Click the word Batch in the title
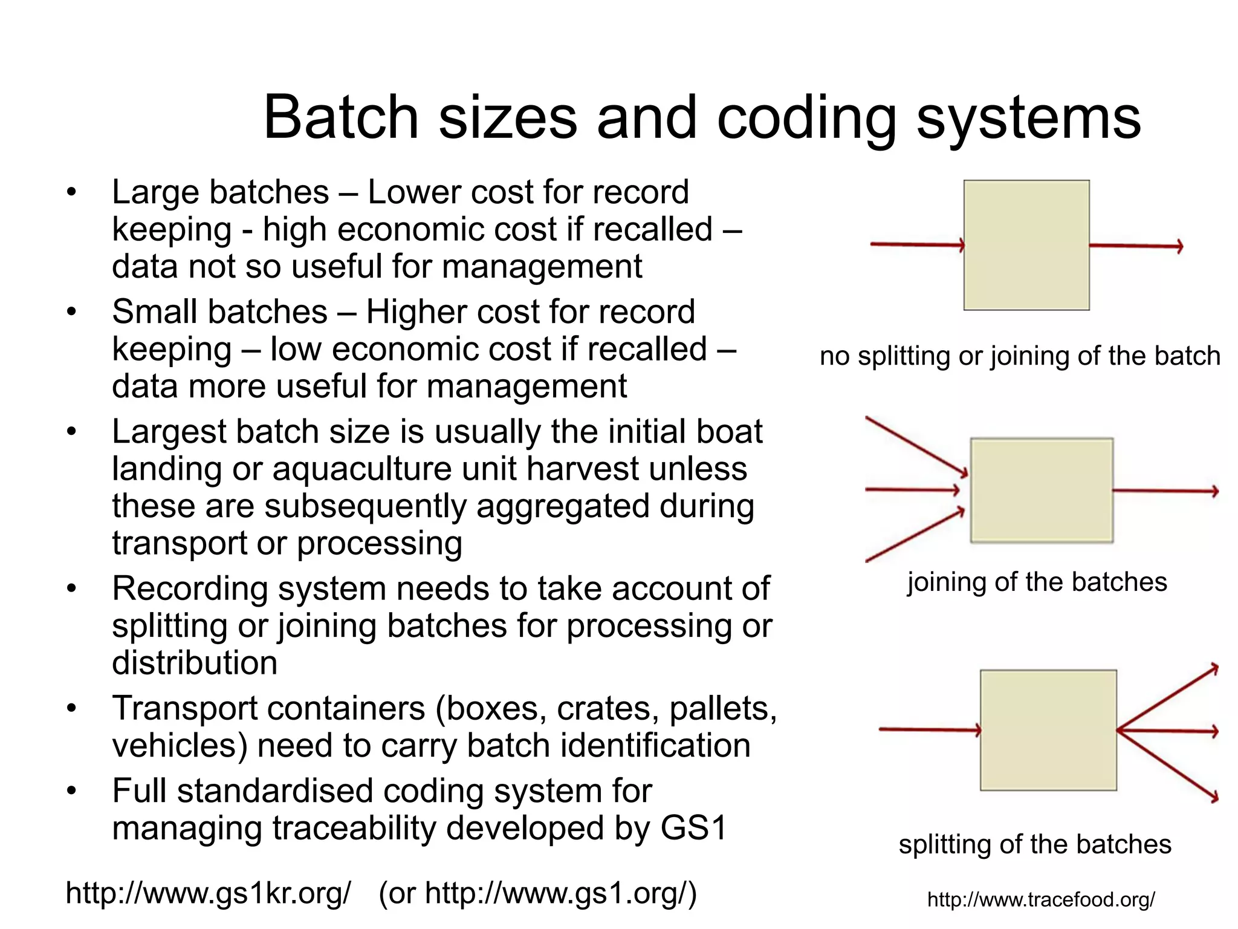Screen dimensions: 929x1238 point(341,117)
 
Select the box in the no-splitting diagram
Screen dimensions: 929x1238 point(1026,245)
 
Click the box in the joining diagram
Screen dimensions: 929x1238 point(1042,490)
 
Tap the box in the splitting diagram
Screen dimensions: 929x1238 point(1048,730)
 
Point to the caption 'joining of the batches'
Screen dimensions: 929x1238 point(1037,582)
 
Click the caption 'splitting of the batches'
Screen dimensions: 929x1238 point(1035,844)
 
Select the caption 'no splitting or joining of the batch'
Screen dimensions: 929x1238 point(1020,356)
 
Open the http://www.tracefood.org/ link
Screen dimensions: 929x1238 point(1041,899)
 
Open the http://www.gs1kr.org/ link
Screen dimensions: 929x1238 point(208,893)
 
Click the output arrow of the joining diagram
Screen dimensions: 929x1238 point(1165,491)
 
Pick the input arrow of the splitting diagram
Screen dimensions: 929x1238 point(930,730)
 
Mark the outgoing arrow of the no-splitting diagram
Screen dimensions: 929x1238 point(1135,246)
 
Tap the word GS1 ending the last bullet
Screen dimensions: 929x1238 point(693,827)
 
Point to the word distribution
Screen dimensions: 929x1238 point(195,663)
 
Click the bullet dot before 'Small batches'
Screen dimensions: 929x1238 point(72,312)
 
